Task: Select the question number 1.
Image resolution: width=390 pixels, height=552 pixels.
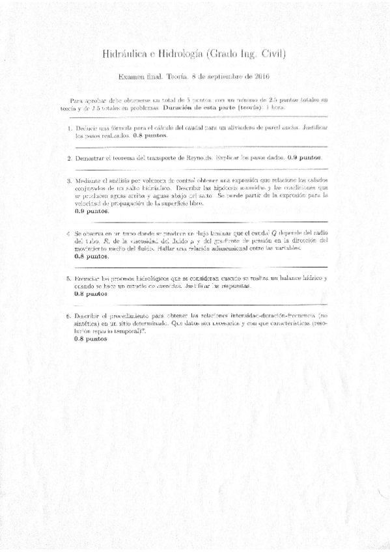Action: [x=68, y=129]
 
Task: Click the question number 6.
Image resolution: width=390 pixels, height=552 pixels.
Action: [x=68, y=316]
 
